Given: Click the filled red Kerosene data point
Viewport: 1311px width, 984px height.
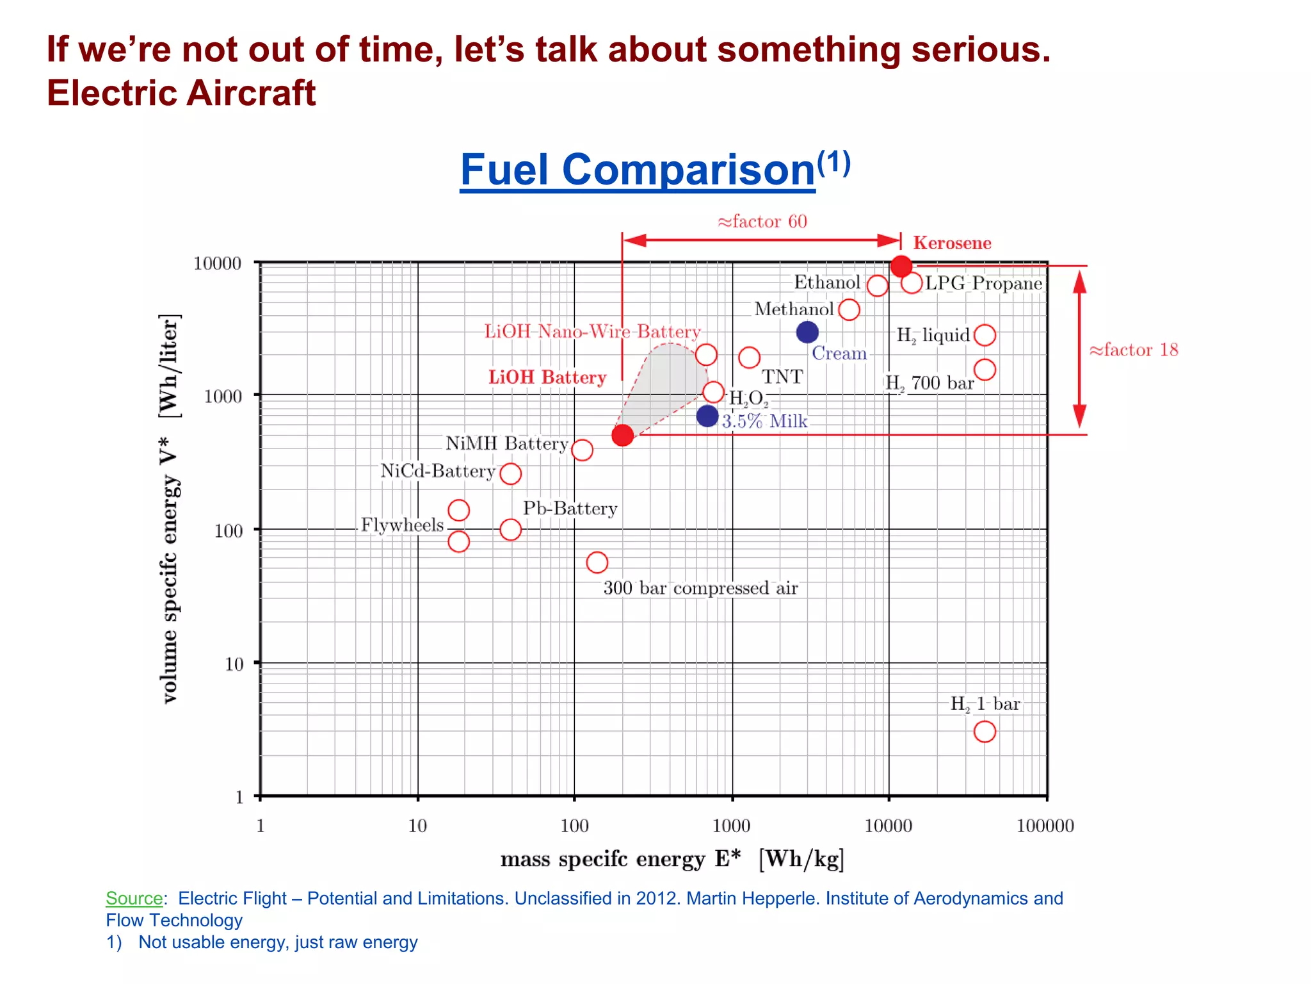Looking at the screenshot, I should coord(901,266).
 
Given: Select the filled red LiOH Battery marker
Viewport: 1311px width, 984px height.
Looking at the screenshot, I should coord(622,436).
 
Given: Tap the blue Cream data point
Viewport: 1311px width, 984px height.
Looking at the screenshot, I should coord(807,332).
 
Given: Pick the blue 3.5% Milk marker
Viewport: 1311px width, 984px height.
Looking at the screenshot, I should coord(707,416).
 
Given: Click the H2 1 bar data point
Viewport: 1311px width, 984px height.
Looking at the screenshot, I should coord(985,732).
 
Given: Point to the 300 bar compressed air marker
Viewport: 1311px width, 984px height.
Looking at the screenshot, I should coord(597,562).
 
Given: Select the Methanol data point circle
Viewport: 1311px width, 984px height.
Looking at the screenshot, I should coord(849,310).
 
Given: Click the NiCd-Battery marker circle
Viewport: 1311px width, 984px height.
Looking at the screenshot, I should coord(510,474).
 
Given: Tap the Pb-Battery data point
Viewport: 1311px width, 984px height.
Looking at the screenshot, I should coord(510,530).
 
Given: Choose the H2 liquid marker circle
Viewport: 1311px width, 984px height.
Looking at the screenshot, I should coord(985,334).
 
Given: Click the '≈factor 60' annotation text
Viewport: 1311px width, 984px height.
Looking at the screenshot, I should coord(762,222).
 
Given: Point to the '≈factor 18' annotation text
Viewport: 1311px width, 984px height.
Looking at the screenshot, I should coord(1133,350).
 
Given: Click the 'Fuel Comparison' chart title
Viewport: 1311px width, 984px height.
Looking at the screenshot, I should coord(638,170).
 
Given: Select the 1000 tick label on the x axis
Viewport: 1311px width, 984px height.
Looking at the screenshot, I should coord(731,826).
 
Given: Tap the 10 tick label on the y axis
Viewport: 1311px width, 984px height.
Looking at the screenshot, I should coord(234,664).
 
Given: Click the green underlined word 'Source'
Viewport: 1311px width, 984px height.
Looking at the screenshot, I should coord(134,898).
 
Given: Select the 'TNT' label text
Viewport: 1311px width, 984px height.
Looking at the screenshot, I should coord(782,376).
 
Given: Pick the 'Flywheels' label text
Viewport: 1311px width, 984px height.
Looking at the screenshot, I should coord(402,525).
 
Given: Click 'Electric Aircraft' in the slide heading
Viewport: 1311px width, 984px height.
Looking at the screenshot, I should coord(181,93).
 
